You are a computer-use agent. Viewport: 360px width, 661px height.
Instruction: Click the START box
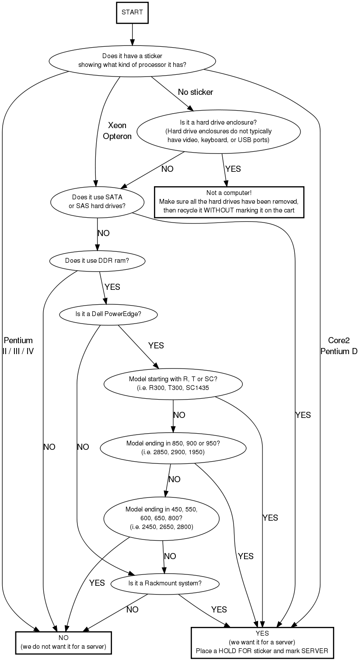132,12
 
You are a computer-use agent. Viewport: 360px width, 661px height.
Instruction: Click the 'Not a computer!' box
229,202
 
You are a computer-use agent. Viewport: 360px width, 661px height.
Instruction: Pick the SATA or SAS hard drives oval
98,202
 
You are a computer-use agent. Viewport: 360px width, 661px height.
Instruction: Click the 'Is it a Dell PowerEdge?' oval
108,314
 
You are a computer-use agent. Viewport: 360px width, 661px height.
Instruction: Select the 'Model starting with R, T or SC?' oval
173,383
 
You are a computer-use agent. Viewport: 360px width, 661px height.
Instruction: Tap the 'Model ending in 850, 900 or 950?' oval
173,448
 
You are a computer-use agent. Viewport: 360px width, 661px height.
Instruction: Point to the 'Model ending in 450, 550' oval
161,518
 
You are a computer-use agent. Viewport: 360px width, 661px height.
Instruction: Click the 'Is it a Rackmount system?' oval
164,583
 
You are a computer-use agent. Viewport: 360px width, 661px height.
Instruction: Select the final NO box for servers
63,642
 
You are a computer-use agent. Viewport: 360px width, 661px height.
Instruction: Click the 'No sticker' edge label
196,92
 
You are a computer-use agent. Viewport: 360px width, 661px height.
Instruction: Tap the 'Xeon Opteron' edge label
117,131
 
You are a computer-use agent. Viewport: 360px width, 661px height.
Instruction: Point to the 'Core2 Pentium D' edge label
339,345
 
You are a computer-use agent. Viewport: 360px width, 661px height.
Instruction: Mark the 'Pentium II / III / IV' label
18,345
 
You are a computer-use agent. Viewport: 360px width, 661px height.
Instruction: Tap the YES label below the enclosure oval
233,169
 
